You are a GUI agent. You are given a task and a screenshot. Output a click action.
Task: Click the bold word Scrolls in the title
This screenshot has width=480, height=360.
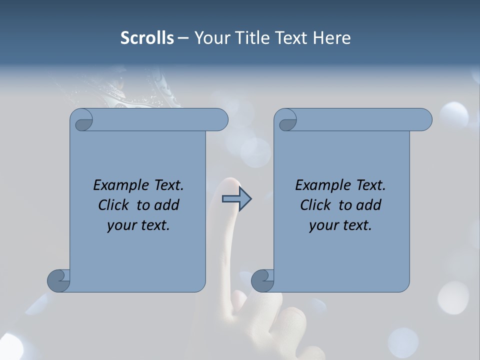pyautogui.click(x=147, y=38)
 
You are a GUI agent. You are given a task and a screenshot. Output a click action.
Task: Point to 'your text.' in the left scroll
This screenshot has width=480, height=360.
pyautogui.click(x=138, y=225)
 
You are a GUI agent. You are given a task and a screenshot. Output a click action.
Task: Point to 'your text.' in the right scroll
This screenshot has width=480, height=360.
pyautogui.click(x=340, y=225)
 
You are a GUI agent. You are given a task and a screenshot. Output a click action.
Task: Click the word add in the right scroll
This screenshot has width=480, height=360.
pyautogui.click(x=369, y=205)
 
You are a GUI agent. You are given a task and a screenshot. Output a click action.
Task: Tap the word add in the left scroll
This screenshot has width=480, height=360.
pyautogui.click(x=167, y=205)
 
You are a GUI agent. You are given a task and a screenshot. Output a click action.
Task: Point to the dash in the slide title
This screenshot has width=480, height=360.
pyautogui.click(x=183, y=38)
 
